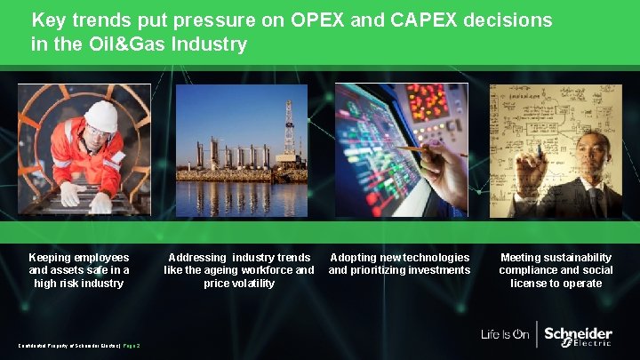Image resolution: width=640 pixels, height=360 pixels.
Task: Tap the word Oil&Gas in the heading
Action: (126, 44)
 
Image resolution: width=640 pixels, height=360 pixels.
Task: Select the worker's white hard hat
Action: (101, 116)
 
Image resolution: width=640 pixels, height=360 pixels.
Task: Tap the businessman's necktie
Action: (594, 199)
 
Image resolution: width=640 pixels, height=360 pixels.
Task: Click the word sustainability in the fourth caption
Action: (579, 258)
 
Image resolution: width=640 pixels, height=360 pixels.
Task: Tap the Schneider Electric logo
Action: (578, 335)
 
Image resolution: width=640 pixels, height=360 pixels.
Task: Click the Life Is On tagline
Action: (505, 335)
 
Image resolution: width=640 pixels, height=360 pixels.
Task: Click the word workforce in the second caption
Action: (268, 270)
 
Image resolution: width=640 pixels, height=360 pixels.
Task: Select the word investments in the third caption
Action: (436, 270)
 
